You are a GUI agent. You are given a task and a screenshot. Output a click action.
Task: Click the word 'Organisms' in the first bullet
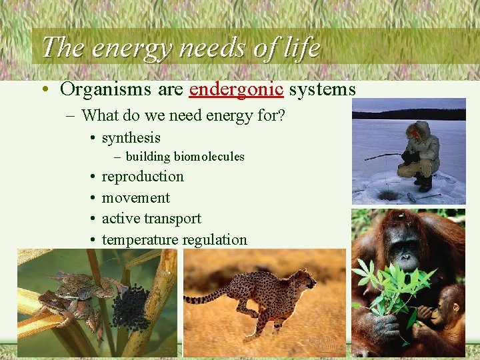coord(99,89)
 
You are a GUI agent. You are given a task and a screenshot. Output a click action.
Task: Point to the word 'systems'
coord(323,89)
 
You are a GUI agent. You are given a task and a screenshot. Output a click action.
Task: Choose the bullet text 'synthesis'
coord(131,137)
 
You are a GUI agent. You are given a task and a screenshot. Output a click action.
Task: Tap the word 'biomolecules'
coord(209,157)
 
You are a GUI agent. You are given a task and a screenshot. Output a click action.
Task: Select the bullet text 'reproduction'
coord(142,177)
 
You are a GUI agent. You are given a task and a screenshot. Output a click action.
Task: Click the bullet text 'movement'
coord(135,198)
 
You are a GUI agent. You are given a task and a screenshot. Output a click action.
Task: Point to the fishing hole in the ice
coord(387,194)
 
